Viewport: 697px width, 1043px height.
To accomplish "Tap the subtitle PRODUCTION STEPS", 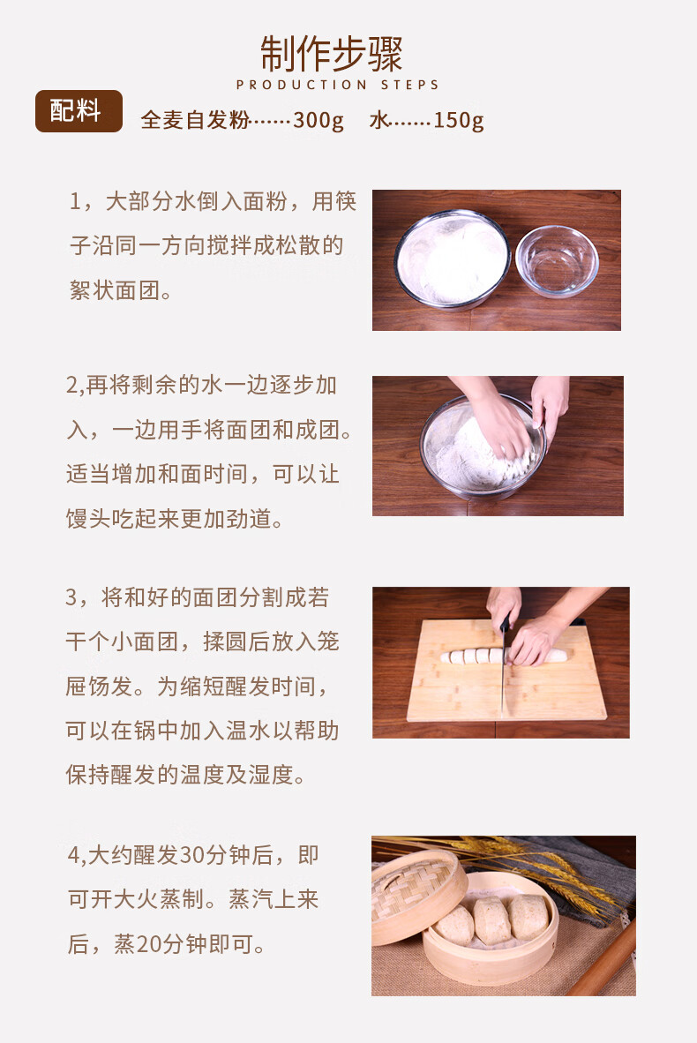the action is [337, 85].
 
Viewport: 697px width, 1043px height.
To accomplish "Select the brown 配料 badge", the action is [79, 110].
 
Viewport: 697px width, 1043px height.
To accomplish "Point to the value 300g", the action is [319, 120].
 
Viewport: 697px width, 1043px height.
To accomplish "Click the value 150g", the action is [458, 120].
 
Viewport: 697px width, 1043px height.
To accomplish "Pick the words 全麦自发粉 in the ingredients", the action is [195, 120].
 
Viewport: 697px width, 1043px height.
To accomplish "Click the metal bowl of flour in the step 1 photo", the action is [453, 259].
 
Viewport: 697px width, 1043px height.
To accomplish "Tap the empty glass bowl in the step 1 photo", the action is [558, 261].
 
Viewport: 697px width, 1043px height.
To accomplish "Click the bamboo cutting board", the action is [506, 671].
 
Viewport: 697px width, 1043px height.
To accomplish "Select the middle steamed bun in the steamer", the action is [492, 920].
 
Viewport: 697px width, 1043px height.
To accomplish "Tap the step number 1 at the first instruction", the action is [75, 201].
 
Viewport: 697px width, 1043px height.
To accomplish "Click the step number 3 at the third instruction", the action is [71, 597].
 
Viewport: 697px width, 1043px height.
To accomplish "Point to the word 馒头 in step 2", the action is [88, 519].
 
